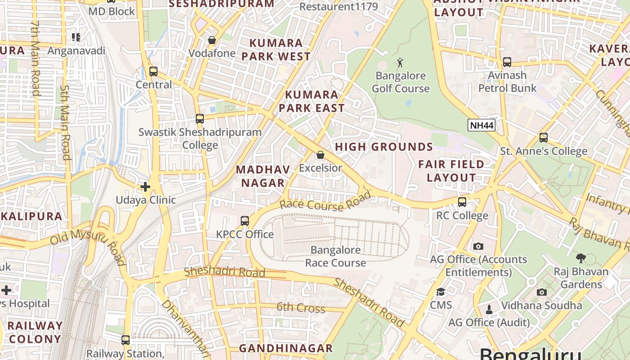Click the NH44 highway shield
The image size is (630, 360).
tap(481, 125)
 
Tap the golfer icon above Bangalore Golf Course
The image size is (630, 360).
tap(400, 63)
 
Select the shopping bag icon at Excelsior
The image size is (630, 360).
tap(320, 155)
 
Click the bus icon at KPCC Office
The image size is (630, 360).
tap(245, 221)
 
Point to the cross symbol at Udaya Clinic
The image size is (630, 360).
tap(145, 186)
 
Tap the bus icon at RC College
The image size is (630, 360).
tap(462, 202)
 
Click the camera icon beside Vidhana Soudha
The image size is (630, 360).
tap(542, 292)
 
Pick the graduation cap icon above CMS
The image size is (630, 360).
tap(441, 292)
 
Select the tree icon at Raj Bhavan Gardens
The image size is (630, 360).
tap(581, 258)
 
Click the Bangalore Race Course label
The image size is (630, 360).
tap(335, 256)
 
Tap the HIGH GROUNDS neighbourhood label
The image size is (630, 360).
tap(384, 147)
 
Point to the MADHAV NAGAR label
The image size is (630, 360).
tap(263, 176)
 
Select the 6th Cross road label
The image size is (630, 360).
tap(301, 308)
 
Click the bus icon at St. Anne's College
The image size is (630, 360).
tap(544, 138)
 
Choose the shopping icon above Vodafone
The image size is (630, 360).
tap(212, 40)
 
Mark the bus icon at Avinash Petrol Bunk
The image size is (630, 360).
tap(507, 62)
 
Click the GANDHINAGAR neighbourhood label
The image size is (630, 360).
tap(286, 348)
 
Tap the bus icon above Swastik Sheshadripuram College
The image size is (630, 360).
tap(200, 119)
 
